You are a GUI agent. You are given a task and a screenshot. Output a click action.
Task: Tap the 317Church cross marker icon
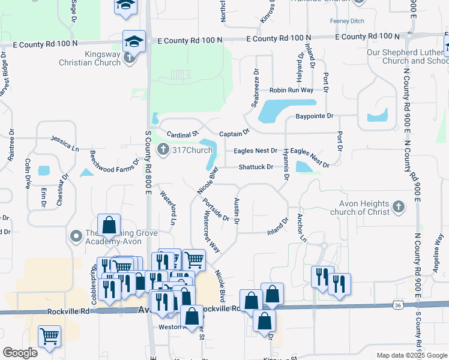coord(161,149)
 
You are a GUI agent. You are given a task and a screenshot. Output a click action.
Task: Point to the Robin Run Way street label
coord(291,90)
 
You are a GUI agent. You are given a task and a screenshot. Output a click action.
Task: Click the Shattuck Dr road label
coord(256,167)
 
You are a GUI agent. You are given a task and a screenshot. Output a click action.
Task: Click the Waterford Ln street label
coord(168,206)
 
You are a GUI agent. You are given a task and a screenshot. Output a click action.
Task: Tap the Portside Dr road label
coord(216,210)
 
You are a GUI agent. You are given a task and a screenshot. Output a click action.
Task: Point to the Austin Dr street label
coord(237,212)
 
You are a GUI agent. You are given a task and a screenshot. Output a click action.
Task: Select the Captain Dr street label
coord(234,133)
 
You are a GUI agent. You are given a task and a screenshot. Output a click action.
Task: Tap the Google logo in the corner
coord(20,353)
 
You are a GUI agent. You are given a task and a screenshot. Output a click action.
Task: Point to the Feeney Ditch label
coord(347,21)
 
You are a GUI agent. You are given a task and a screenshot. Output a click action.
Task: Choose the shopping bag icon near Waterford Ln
coord(109,226)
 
